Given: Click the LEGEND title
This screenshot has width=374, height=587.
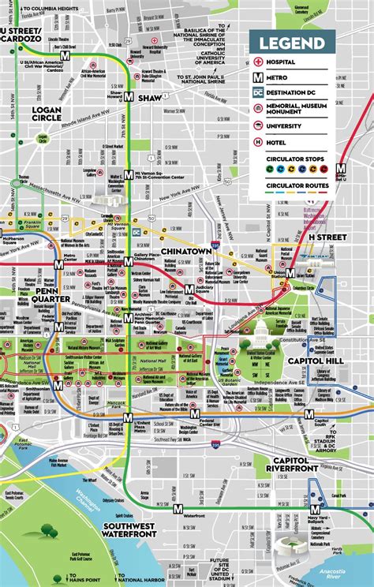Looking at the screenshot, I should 292,43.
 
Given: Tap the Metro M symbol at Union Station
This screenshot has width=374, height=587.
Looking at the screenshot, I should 290,272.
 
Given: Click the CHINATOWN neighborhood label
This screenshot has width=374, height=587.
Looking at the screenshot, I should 184,251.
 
